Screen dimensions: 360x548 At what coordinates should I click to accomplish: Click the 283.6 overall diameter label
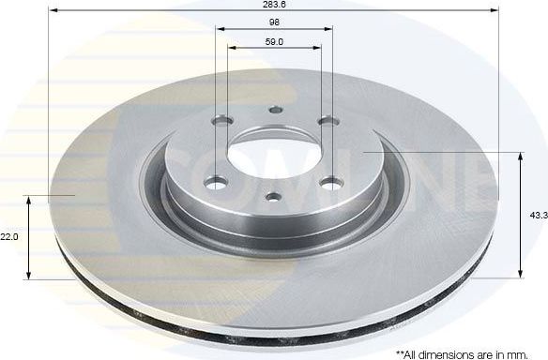coord(273,4)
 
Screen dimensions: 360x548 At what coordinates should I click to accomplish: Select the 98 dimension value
coord(273,22)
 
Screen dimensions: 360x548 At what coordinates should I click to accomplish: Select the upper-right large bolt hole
coord(327,122)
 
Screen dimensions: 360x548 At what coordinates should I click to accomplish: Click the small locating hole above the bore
coord(274,110)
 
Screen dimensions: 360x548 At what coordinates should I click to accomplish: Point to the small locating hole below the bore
coord(272,196)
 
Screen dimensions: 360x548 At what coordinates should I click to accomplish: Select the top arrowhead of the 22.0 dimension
coord(30,201)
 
